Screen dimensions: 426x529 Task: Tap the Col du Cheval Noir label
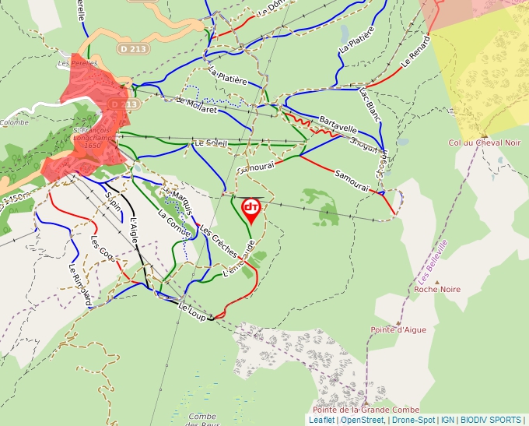pyautogui.click(x=485, y=143)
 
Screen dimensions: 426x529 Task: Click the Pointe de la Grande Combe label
pyautogui.click(x=366, y=410)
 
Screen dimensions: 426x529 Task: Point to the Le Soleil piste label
pyautogui.click(x=211, y=143)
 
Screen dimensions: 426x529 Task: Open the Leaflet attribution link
pyautogui.click(x=321, y=420)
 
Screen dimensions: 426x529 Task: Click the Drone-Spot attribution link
pyautogui.click(x=413, y=420)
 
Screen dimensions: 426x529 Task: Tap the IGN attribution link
pyautogui.click(x=447, y=420)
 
